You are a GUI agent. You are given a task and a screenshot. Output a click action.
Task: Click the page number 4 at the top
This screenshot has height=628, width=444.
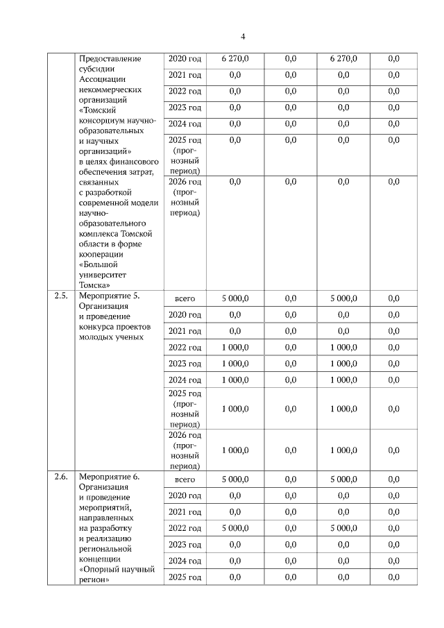tap(243, 37)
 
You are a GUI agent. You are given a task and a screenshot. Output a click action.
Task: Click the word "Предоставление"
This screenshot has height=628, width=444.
tap(111, 59)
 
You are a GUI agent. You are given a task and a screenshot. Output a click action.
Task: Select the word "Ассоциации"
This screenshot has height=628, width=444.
tap(103, 80)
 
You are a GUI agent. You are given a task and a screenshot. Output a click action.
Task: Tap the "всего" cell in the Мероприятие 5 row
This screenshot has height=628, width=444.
tap(185, 298)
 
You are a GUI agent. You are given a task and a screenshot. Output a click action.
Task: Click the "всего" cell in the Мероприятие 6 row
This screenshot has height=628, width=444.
tap(185, 479)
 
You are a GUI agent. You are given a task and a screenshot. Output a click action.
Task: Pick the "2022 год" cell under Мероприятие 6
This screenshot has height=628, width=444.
tap(185, 528)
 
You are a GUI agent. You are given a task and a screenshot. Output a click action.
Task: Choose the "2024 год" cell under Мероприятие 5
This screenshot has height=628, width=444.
tap(185, 380)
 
